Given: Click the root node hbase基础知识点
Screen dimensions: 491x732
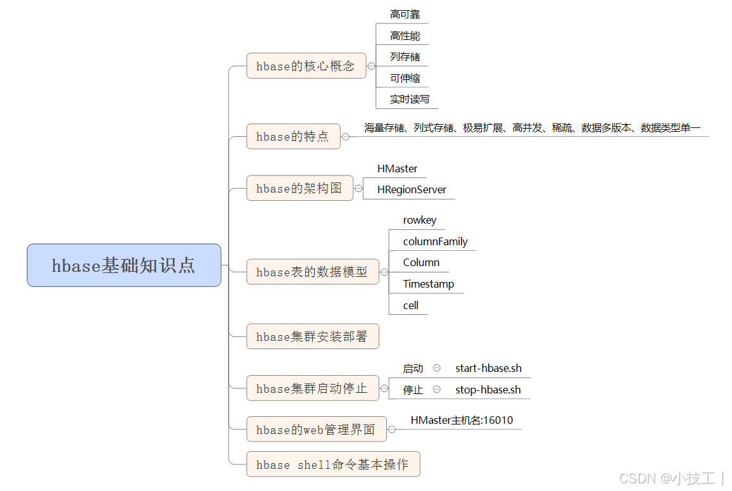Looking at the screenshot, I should (123, 265).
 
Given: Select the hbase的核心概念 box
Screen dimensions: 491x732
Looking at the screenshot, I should (306, 66).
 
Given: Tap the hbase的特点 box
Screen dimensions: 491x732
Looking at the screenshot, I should (293, 136).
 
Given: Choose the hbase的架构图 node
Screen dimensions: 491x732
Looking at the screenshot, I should (300, 188).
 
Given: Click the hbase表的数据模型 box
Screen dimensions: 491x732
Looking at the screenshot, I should (312, 272).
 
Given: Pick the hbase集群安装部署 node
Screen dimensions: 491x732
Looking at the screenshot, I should (312, 336).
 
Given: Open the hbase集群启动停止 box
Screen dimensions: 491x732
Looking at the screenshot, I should (312, 388).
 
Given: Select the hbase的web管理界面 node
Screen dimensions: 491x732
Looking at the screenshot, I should (316, 430).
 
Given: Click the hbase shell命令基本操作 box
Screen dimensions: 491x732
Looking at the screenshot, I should (332, 465).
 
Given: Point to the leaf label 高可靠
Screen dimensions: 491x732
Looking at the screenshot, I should (405, 14).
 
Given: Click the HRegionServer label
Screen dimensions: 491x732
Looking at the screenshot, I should (412, 189).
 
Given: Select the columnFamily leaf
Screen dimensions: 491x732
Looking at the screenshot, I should (435, 241).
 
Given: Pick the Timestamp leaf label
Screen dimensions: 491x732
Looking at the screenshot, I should (428, 284).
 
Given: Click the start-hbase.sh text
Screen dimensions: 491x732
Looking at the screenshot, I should (488, 368).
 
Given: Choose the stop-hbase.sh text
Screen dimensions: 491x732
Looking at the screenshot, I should (488, 390).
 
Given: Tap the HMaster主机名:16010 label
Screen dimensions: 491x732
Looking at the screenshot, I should (462, 420).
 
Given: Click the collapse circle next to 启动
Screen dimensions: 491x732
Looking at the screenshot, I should (437, 368).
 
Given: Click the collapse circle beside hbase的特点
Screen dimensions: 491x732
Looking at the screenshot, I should (346, 136).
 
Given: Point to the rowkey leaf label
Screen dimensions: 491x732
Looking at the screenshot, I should (419, 220).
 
